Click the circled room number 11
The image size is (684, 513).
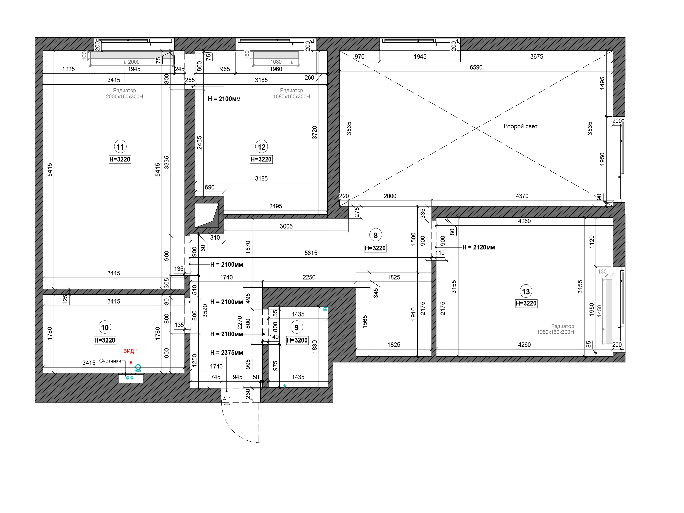point(120,147)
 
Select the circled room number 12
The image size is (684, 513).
point(261,147)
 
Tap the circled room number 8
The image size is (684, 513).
point(375,236)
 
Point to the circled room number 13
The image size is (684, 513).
point(526,292)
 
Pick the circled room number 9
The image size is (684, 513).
point(297,327)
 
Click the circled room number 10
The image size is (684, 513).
point(105,327)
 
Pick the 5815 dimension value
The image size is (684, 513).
point(311,253)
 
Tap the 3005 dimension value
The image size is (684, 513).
point(286,226)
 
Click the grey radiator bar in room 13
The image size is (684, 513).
point(609,311)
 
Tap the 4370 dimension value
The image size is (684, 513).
point(522,196)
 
